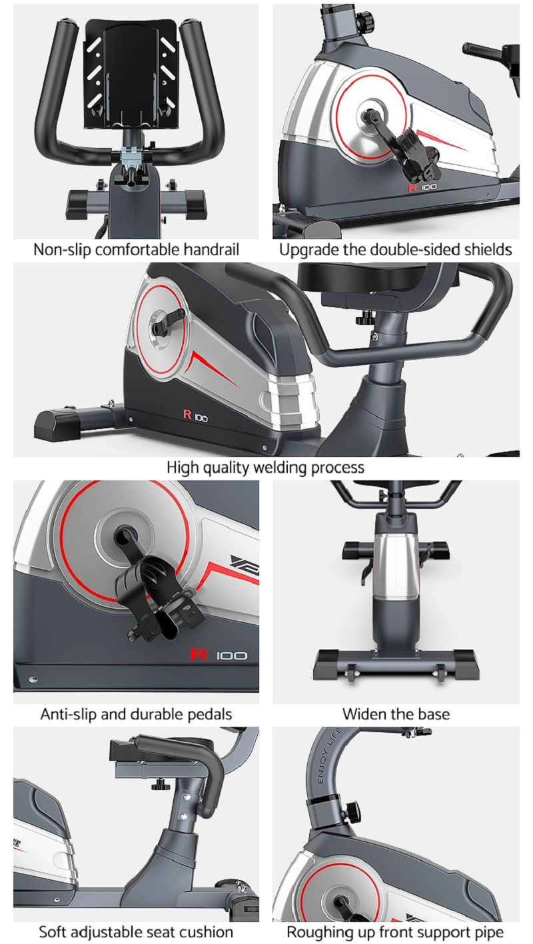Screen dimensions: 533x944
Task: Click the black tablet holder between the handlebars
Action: click(132, 74)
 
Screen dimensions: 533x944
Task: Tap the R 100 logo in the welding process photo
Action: click(195, 415)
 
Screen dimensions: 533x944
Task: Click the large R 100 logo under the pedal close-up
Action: click(219, 655)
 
